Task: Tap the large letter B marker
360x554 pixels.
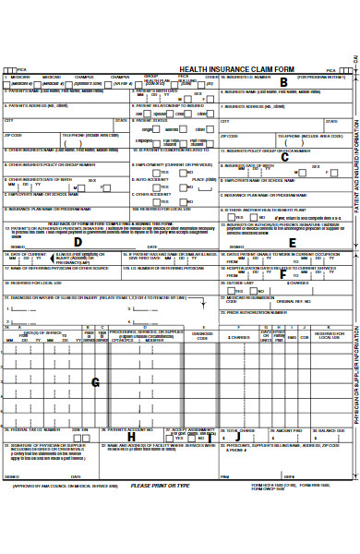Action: coord(283,82)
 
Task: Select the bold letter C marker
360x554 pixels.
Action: coord(284,157)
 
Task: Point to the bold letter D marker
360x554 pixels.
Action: coord(78,242)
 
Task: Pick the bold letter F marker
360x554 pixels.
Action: coord(282,273)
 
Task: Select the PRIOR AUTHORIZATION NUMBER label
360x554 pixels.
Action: coord(254,312)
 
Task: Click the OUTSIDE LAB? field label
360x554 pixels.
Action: coord(238,283)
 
